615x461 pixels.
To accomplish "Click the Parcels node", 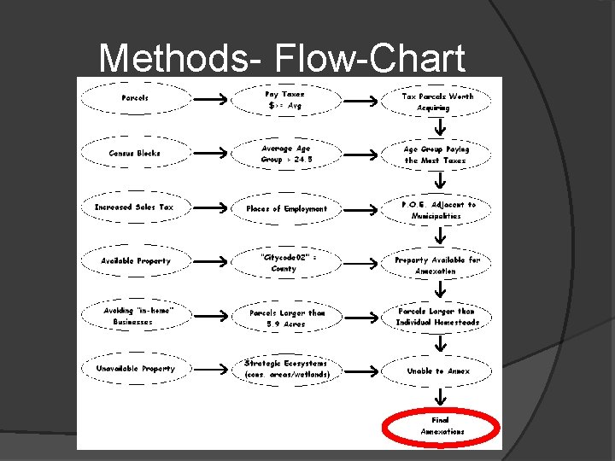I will [135, 98].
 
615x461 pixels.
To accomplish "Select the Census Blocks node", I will [135, 154].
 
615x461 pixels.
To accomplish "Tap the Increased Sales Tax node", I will [135, 207].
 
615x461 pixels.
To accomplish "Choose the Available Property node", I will [135, 261].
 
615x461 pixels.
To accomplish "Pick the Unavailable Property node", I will [135, 369].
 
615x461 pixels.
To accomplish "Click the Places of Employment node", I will [286, 209].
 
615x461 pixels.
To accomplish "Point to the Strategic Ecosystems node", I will [286, 369].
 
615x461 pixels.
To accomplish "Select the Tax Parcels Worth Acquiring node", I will [438, 102].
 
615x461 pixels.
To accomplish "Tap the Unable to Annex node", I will [438, 371].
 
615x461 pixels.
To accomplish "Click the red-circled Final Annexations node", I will [442, 426].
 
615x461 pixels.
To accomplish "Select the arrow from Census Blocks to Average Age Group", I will [210, 154].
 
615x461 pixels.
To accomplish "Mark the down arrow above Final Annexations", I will [438, 397].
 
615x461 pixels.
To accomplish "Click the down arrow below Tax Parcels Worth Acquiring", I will [438, 127].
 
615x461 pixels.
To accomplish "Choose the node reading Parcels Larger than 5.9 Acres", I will [286, 318].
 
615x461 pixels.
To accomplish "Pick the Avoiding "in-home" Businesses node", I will [135, 316].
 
